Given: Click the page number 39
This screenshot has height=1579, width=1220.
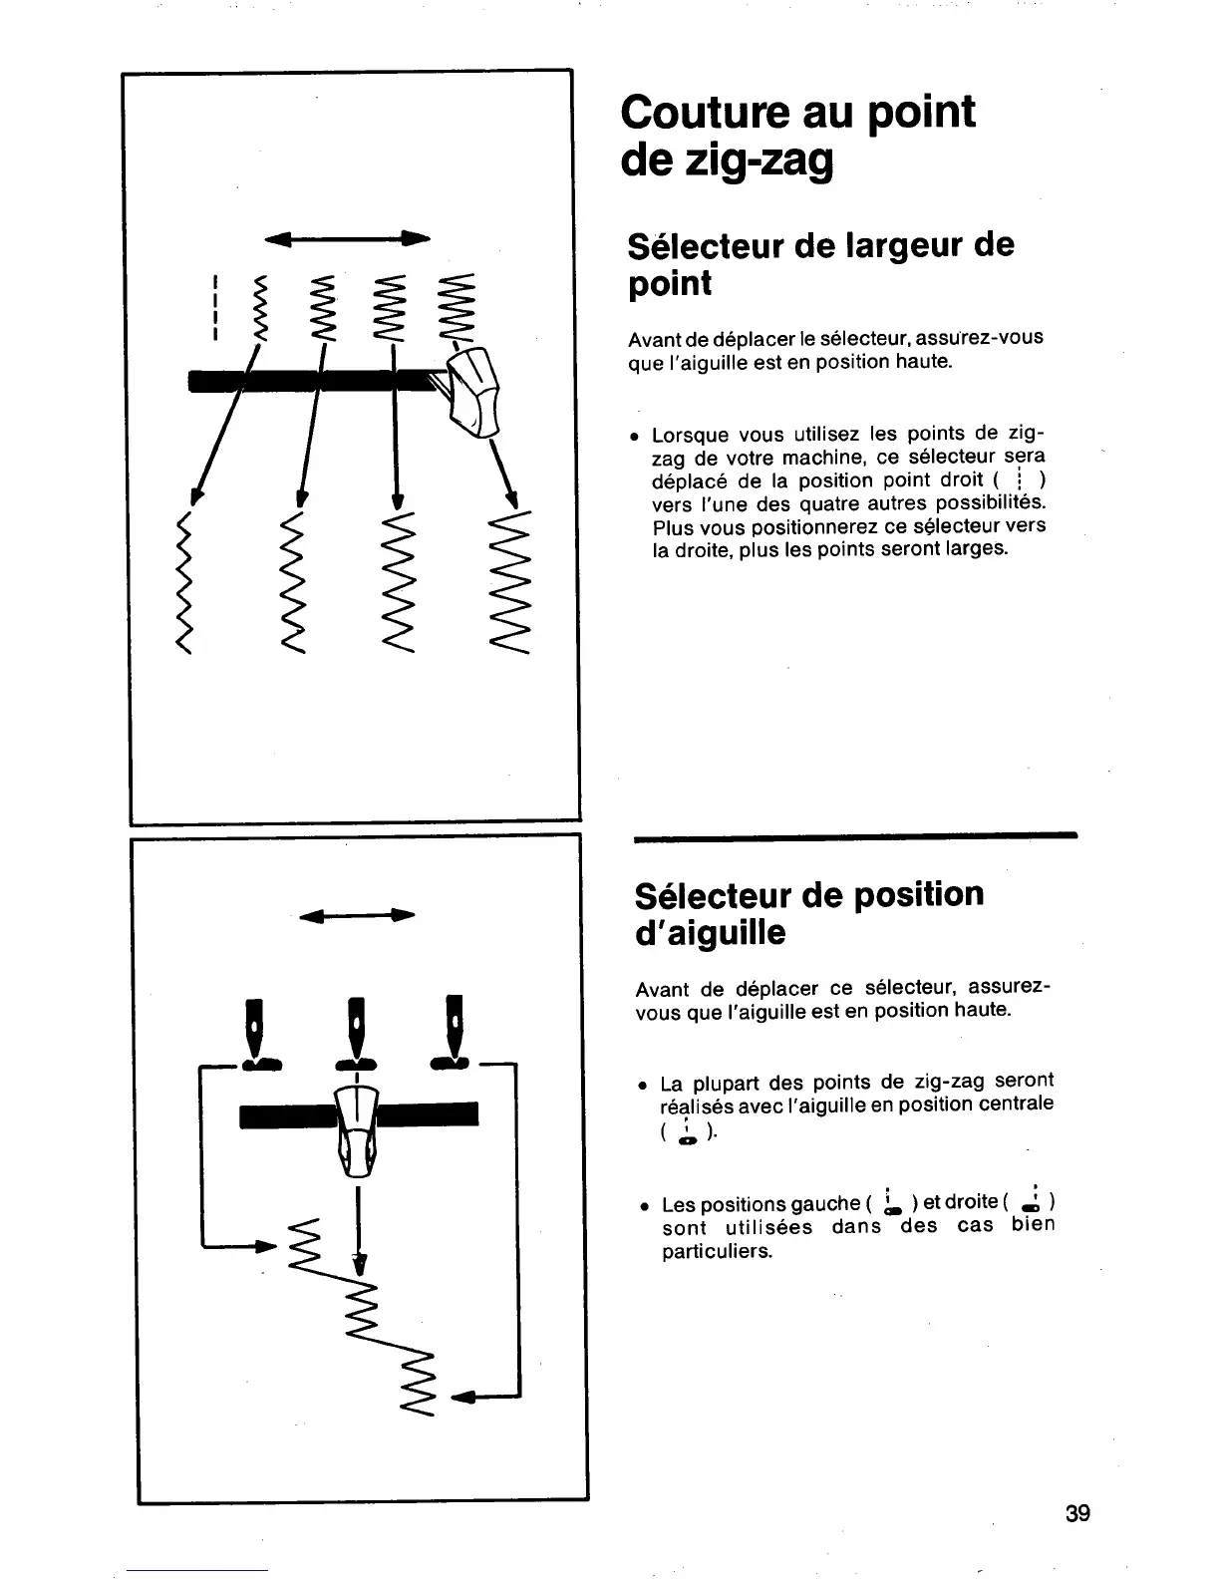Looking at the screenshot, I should click(1077, 1513).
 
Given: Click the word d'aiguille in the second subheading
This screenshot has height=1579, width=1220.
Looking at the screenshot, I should click(710, 933).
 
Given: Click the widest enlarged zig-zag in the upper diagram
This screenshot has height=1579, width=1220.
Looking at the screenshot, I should click(512, 587).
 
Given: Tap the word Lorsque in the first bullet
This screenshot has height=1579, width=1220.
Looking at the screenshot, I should click(689, 436).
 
